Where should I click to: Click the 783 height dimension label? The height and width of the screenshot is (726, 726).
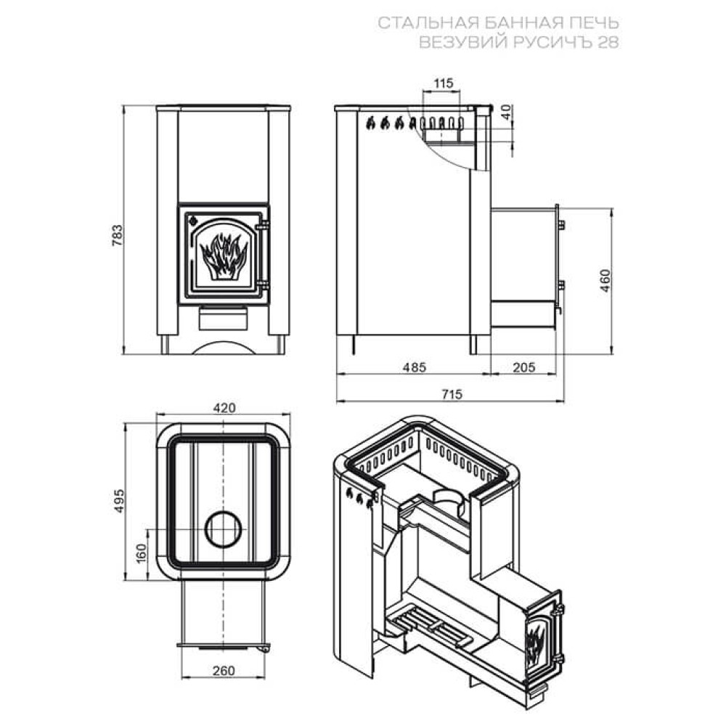tap(118, 234)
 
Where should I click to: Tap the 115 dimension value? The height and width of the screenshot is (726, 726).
tap(443, 83)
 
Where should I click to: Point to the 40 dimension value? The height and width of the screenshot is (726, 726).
tap(507, 112)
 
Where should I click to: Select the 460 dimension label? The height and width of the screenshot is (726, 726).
tap(605, 280)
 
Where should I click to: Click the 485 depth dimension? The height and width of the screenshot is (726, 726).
tap(414, 367)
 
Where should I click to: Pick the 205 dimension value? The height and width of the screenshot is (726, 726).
tap(523, 367)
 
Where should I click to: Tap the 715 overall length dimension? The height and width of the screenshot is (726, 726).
tap(452, 394)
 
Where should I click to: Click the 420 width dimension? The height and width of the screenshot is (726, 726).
tap(224, 408)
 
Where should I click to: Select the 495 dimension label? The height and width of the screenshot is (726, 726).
tap(120, 500)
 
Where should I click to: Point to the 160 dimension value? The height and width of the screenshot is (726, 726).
tap(141, 552)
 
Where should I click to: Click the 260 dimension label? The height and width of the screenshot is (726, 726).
tap(224, 670)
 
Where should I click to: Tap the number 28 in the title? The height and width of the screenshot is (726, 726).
tap(608, 42)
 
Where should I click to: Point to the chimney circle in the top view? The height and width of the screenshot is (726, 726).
tap(223, 529)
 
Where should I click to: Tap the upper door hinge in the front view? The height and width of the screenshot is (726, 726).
tap(263, 226)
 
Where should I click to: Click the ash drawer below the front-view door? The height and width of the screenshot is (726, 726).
tap(224, 319)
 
